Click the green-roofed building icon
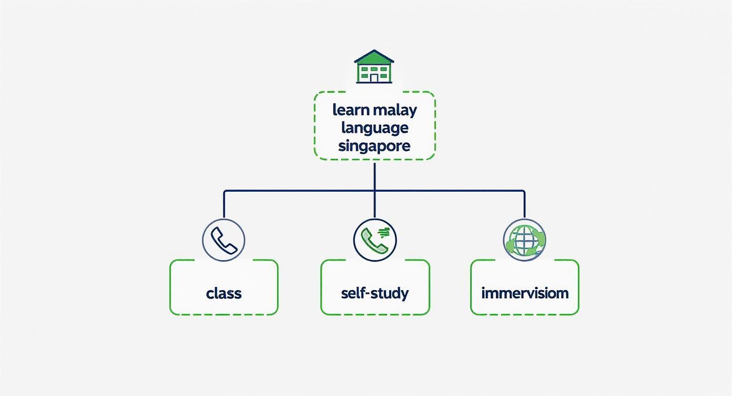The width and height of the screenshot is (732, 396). pyautogui.click(x=374, y=67)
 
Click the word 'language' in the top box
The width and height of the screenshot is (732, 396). pyautogui.click(x=374, y=128)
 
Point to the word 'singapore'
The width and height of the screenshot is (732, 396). pyautogui.click(x=374, y=146)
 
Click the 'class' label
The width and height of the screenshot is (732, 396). pyautogui.click(x=224, y=293)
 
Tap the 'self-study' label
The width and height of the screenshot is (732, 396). pyautogui.click(x=374, y=293)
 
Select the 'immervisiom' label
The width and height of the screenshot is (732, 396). pyautogui.click(x=525, y=293)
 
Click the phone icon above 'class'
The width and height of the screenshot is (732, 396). pyautogui.click(x=224, y=240)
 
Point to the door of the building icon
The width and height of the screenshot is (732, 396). pyautogui.click(x=374, y=78)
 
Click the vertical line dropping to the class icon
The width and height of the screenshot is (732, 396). pyautogui.click(x=224, y=204)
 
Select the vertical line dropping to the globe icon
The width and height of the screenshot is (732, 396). pyautogui.click(x=524, y=204)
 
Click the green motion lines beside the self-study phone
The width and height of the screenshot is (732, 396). pyautogui.click(x=384, y=232)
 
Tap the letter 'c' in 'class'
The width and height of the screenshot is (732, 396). pyautogui.click(x=210, y=293)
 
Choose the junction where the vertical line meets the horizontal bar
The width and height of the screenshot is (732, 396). pyautogui.click(x=374, y=191)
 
